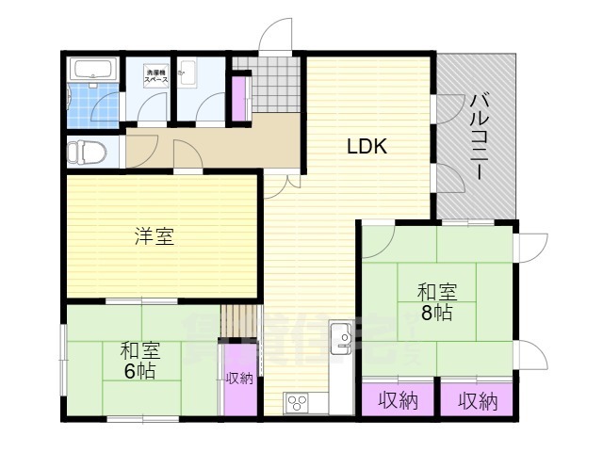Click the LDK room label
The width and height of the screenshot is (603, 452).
click(367, 147)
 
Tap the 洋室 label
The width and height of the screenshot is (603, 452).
click(153, 235)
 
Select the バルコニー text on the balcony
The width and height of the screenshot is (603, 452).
click(480, 137)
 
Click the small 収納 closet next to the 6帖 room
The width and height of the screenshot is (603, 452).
click(239, 378)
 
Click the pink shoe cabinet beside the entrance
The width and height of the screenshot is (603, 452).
click(238, 97)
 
